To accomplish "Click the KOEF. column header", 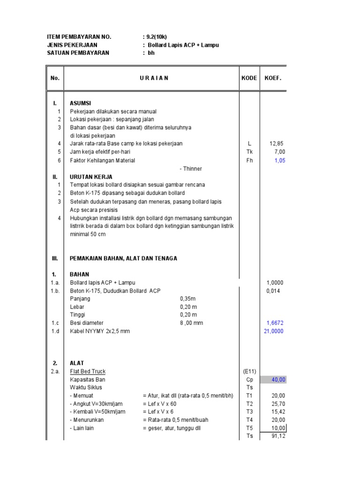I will click(273, 78).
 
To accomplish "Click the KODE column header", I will click(249, 78).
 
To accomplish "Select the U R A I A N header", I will click(154, 78).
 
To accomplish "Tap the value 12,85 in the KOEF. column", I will click(277, 143).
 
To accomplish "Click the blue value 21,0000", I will click(274, 331).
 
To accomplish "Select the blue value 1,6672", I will click(275, 323).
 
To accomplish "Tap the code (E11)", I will click(249, 371).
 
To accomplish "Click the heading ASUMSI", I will click(81, 103).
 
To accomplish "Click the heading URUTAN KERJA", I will click(91, 177).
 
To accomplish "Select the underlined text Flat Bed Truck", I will click(88, 371).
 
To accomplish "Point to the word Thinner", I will click(192, 169).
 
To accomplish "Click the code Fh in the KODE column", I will click(249, 160).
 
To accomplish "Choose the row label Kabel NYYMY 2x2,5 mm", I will click(99, 331).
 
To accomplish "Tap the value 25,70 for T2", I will click(278, 404).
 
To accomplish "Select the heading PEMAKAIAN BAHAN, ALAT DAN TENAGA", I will click(123, 258).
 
